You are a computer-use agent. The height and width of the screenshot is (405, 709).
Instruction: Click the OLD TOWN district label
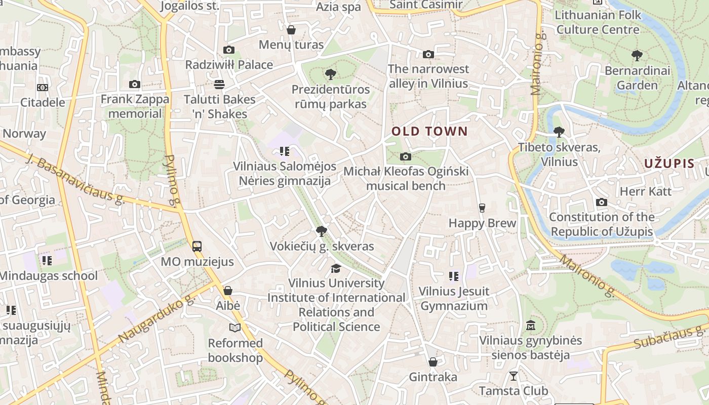click(x=429, y=132)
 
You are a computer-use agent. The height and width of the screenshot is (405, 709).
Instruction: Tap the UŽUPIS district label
click(x=669, y=164)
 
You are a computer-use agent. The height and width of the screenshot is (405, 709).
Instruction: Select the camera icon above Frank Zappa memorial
click(x=134, y=85)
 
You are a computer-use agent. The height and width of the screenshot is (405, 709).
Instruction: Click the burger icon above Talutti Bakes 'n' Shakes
click(x=219, y=84)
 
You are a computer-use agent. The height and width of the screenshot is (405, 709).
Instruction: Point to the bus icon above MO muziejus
click(x=197, y=247)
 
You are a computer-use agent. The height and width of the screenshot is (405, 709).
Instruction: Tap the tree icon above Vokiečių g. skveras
click(x=321, y=231)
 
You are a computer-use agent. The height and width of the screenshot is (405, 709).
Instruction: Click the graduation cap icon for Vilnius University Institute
click(x=336, y=268)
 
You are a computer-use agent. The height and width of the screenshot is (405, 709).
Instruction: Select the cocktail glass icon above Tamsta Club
click(x=514, y=376)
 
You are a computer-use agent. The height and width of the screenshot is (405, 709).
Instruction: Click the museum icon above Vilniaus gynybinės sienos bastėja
click(x=531, y=325)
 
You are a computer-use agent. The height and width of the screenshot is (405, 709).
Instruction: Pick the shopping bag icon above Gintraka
click(x=432, y=362)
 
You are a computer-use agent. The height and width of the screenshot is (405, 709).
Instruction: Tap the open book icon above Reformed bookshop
click(x=235, y=328)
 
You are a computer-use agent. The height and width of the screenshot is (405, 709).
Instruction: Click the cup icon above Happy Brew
click(x=482, y=208)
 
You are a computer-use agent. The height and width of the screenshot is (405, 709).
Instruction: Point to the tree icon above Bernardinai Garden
click(x=637, y=56)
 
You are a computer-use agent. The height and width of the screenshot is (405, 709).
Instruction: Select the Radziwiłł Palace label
click(x=229, y=65)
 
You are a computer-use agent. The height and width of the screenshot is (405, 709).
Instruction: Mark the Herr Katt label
click(x=646, y=191)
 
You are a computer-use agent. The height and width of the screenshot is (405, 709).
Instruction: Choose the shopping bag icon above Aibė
click(x=228, y=291)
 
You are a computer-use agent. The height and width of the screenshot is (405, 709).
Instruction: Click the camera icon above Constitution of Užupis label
click(x=602, y=202)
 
